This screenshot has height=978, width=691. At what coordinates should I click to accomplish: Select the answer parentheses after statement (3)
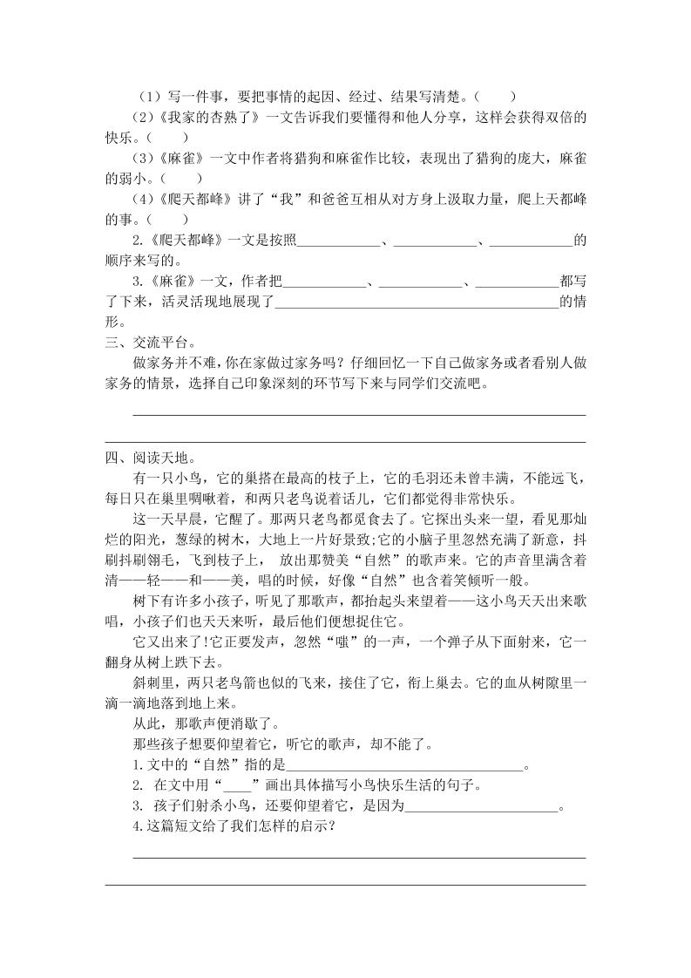(186, 178)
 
